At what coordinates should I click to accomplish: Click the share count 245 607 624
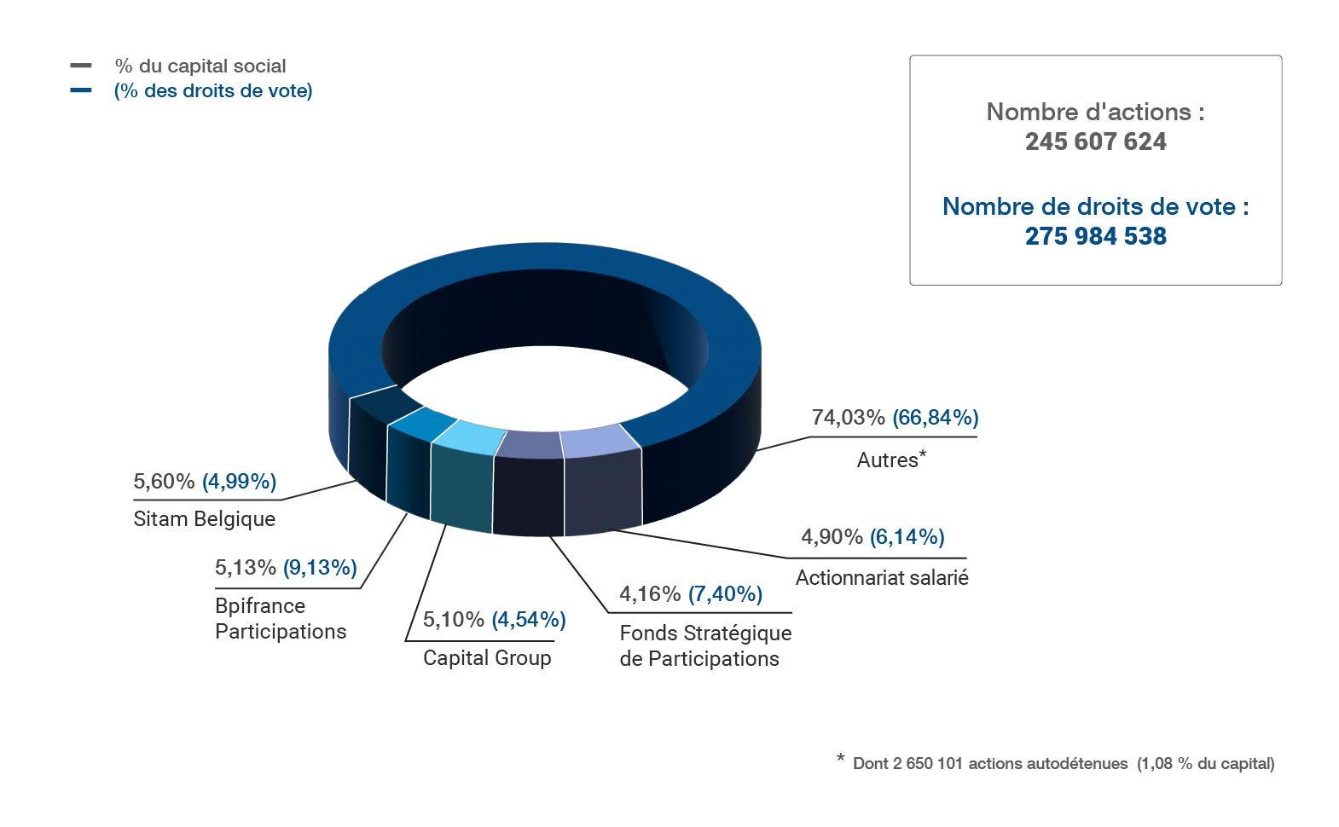1095,142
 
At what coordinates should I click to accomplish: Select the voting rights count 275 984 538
1095,236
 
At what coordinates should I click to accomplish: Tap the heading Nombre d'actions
1095,112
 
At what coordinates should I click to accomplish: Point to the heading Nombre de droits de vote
1095,206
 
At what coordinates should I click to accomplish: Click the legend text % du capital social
200,67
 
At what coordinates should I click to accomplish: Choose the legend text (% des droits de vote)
213,91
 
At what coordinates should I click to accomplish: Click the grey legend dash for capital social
81,66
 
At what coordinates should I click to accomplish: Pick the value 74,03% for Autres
848,418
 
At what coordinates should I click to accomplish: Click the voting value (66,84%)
935,418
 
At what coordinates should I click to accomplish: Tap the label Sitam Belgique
205,519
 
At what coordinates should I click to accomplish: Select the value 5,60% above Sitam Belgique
164,482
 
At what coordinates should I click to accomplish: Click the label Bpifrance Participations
281,619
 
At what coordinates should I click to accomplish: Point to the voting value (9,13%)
320,568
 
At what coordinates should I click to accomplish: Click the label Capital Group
487,658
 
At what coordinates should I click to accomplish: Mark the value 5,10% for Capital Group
454,620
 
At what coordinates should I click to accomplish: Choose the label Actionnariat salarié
882,578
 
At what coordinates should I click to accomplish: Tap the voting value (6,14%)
907,537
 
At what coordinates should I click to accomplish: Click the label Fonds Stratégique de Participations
704,646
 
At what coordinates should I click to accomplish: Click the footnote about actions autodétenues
1063,764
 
